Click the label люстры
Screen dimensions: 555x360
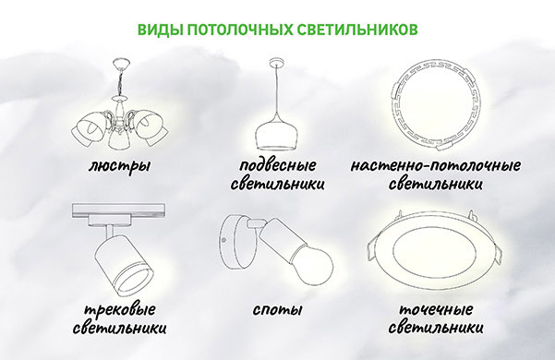point(119,166)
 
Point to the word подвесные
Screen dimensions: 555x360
point(277,165)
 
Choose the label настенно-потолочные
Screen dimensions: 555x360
point(435,165)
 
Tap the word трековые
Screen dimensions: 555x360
point(120,310)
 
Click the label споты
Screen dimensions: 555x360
point(277,310)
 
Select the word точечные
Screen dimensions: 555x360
point(436,309)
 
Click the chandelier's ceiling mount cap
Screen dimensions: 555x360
point(121,65)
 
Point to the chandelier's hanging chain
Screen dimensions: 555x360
point(120,82)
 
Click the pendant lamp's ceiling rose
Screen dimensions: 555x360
point(276,63)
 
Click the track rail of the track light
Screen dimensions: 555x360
point(118,210)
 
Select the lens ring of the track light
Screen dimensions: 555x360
point(134,281)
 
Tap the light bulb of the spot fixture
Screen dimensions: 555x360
point(315,265)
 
